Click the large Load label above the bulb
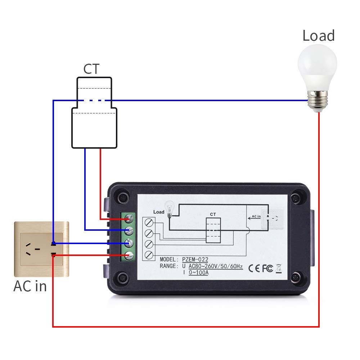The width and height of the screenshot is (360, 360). tap(318, 36)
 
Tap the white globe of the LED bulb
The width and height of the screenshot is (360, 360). tap(317, 68)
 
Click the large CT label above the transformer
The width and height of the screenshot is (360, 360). tap(91, 69)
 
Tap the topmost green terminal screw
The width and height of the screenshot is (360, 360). tap(129, 218)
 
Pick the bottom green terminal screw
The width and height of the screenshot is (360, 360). tap(129, 256)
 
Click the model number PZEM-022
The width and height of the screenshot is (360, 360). tap(195, 260)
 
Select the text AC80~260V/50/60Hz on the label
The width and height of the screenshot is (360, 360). tap(215, 266)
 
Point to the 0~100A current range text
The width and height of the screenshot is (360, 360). tap(198, 273)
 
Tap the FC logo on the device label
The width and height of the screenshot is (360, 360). tap(267, 268)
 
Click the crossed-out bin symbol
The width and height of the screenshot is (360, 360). tap(278, 268)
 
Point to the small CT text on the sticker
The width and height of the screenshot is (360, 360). tap(213, 214)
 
